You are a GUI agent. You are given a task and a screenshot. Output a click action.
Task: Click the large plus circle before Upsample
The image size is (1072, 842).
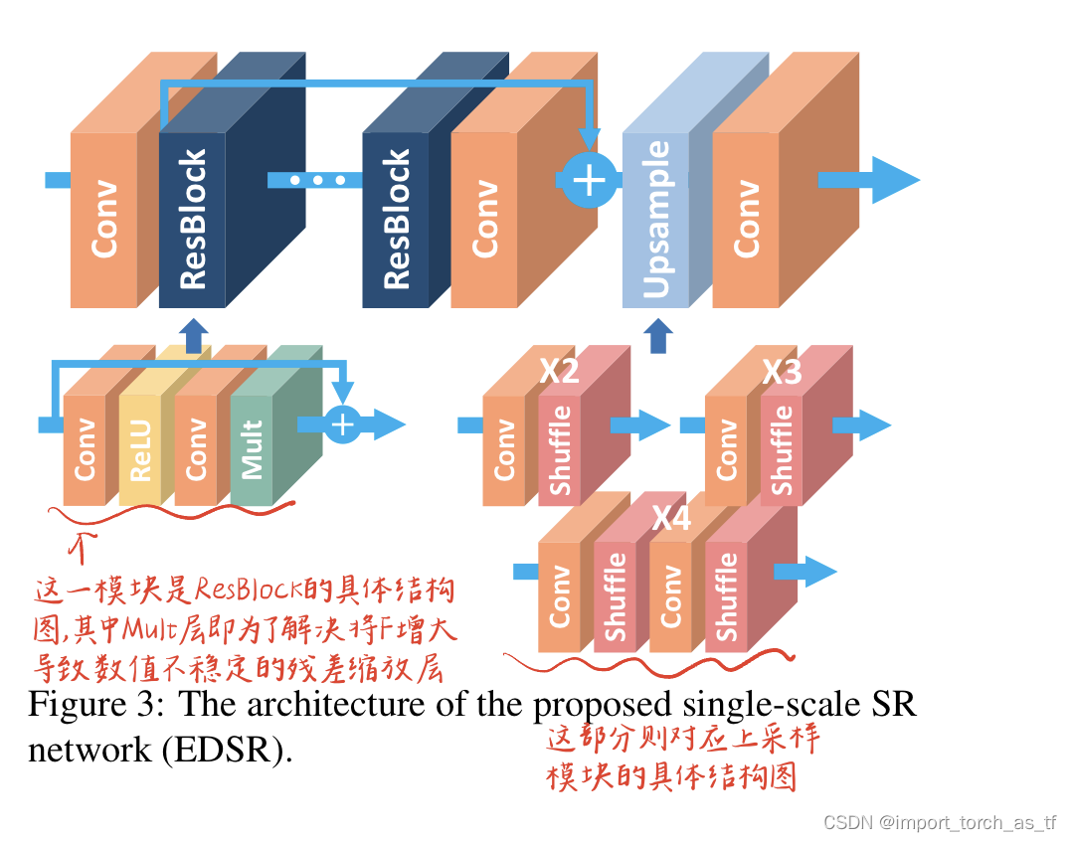(590, 181)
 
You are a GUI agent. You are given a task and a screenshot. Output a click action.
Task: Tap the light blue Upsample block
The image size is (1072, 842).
(655, 221)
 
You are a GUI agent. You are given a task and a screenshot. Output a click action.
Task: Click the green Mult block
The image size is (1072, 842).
(252, 449)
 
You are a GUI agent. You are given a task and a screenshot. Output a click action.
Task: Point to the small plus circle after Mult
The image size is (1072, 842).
(342, 424)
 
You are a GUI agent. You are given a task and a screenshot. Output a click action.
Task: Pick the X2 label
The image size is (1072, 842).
(559, 372)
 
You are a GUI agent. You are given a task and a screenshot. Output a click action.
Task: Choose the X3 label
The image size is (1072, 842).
(782, 372)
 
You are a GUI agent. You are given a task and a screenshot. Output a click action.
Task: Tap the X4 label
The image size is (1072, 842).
(671, 518)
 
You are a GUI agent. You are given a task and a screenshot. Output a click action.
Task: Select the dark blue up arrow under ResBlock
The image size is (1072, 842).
(194, 336)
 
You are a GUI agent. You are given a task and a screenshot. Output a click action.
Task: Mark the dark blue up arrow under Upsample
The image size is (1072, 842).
(657, 336)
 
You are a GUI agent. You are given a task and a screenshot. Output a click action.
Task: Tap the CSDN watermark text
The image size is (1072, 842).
(940, 823)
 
